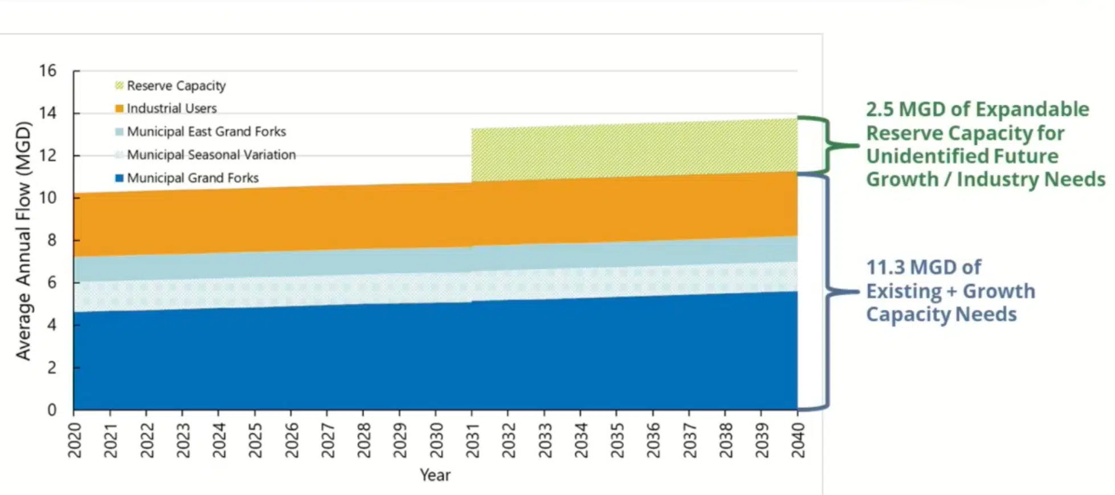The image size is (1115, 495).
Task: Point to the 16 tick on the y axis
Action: pos(48,71)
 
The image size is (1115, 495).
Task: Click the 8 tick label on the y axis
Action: pos(52,240)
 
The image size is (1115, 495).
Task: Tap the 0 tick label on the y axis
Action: pos(52,410)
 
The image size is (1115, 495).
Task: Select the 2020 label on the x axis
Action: pos(75,440)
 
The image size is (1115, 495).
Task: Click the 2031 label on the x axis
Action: pos(472,440)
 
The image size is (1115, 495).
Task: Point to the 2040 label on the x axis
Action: pos(798,440)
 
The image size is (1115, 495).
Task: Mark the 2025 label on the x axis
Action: pos(255,440)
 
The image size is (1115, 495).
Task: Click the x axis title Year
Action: pos(435,475)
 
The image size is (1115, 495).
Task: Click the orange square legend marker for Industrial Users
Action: pos(119,108)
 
